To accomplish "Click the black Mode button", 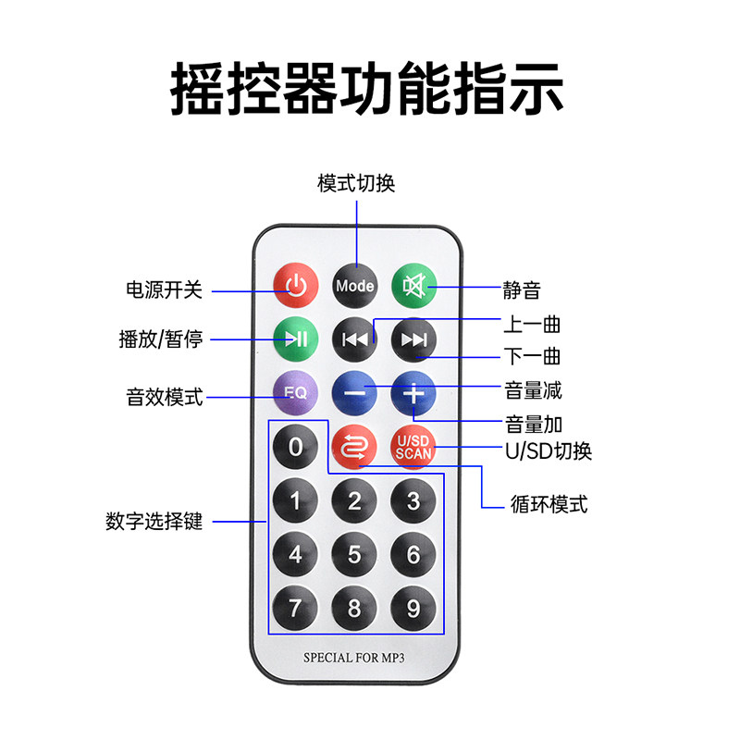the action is tap(355, 286).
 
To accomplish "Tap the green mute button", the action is tap(413, 286).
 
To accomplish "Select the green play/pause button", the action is tap(296, 339).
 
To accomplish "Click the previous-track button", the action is tap(355, 339).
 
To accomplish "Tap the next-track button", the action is tap(413, 339).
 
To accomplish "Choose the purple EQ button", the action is tap(296, 392).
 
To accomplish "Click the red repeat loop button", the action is tap(354, 447).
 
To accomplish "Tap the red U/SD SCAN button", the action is tap(413, 447).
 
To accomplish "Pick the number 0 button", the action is tap(295, 447).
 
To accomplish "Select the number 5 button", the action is tap(354, 554).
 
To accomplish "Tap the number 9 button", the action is tap(413, 608).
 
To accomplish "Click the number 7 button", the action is tap(295, 608).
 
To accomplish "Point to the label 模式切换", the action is tap(356, 183).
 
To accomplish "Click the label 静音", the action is tap(522, 290).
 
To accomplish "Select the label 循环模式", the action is tap(549, 504).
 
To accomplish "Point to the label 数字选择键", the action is tap(154, 521).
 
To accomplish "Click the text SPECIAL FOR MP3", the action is tap(354, 658).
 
